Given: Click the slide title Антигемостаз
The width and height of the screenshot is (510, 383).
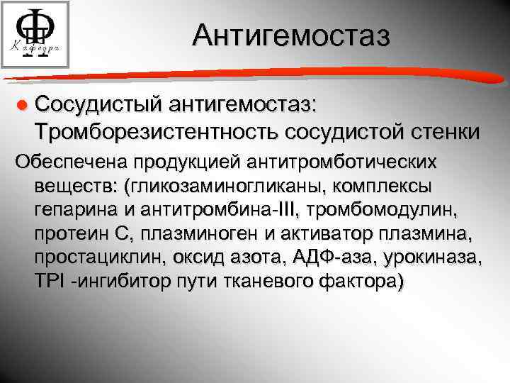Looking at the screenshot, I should click(291, 36).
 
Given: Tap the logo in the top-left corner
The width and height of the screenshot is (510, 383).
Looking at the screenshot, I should click(35, 35).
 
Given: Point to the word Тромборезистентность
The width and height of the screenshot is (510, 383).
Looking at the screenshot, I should click(157, 131).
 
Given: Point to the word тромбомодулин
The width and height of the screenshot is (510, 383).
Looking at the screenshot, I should click(383, 210).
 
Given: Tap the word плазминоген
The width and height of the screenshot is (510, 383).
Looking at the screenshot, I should click(190, 234).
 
